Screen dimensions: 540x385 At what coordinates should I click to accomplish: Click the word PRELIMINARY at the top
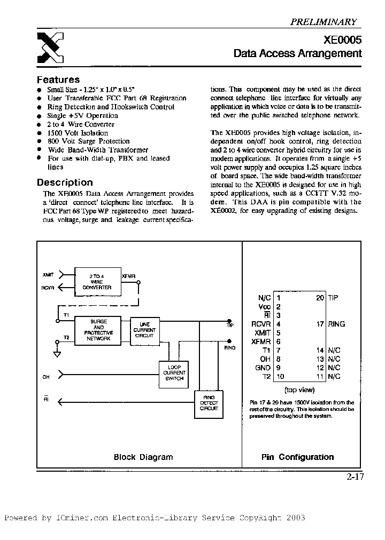pos(323,22)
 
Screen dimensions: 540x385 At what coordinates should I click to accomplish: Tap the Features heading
pos(58,80)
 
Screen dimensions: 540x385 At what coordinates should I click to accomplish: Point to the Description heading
pos(65,182)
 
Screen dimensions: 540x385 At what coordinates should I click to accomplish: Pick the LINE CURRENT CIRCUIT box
pos(145,330)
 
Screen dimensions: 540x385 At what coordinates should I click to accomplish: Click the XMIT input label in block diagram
pos(48,275)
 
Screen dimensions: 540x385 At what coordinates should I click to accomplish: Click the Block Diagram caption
pos(143,457)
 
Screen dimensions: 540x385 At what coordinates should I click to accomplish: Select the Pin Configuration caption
pos(297,457)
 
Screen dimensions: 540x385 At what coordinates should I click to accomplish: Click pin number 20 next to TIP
pos(320,298)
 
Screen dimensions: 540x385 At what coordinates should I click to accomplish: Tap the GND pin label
pos(264,368)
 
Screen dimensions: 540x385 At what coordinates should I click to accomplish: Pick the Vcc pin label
pos(264,307)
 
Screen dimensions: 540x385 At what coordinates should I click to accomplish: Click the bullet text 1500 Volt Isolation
pos(78,133)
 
